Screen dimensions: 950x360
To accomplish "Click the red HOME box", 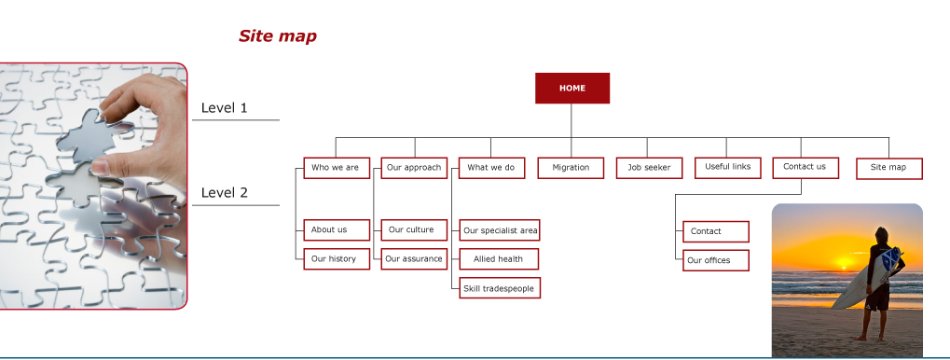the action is [x=571, y=88].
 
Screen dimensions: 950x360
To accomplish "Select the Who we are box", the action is [x=337, y=168].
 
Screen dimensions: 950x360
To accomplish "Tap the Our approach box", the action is [x=414, y=168].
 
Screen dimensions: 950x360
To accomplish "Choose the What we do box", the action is [x=491, y=168].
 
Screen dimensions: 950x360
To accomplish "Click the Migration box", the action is [x=571, y=168].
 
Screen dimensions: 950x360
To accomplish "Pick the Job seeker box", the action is [x=649, y=168].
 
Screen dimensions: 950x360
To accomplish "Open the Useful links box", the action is [x=727, y=167].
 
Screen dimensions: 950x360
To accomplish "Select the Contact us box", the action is [x=805, y=167].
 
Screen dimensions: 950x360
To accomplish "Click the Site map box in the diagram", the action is [x=888, y=169].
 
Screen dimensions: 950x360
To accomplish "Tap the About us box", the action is [x=337, y=230].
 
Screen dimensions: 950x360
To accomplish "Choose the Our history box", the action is [x=337, y=258].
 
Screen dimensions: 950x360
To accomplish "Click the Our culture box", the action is [x=414, y=230].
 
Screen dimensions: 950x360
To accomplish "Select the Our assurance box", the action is [x=414, y=258].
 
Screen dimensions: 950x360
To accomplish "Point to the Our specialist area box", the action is [x=499, y=230].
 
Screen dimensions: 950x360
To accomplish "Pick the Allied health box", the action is [x=499, y=258].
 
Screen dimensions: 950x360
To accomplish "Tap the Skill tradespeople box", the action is [x=499, y=288].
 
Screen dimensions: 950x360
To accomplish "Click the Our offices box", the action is [x=715, y=260].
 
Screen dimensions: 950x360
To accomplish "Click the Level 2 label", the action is [x=224, y=193].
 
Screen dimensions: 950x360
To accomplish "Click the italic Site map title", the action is [x=278, y=36].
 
